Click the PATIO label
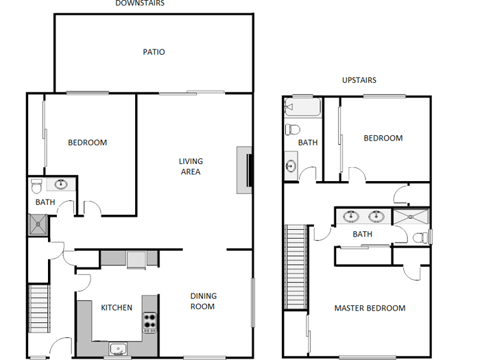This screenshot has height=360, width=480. coord(154,52)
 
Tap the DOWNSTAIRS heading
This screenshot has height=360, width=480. coord(139,3)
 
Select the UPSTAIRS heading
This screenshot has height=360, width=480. coord(359,80)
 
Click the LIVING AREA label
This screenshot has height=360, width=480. coord(191,167)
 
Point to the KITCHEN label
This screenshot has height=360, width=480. coord(117,308)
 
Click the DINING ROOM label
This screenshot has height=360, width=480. coord(203,301)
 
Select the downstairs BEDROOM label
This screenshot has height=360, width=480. coord(87,143)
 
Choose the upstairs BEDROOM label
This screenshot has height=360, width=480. coord(383,139)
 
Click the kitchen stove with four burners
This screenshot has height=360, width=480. coord(150,322)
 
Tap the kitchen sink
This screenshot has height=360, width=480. coord(119,348)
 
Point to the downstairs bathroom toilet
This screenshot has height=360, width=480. coord(38,184)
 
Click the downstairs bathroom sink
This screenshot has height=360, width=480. coord(61,184)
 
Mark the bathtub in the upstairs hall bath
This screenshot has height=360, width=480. coord(302,108)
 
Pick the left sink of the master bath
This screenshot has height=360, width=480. coord(352,217)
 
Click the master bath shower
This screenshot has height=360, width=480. coord(411,217)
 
